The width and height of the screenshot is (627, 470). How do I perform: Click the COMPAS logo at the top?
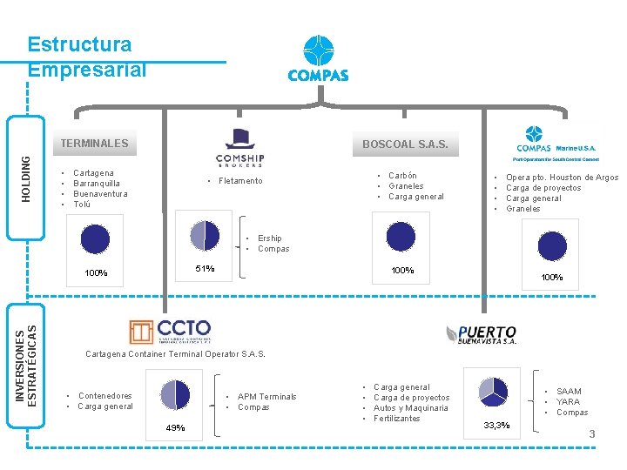(318, 59)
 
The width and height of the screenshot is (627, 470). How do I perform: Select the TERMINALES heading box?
(94, 144)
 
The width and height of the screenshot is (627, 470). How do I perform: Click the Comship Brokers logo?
(239, 147)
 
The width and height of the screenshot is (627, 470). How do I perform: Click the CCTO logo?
(171, 332)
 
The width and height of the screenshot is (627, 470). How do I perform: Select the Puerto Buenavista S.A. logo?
(481, 335)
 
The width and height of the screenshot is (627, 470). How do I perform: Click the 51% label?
(205, 269)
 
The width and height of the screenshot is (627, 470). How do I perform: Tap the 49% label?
(176, 427)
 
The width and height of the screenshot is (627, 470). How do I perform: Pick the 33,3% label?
(497, 425)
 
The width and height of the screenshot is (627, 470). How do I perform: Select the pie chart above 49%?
(175, 394)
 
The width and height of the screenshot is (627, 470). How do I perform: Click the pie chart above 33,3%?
(493, 392)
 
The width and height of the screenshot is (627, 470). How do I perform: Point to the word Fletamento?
(240, 181)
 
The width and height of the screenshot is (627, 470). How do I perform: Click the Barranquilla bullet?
(97, 184)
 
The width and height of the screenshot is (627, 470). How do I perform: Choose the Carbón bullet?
(402, 176)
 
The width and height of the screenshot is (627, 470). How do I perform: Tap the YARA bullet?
(568, 402)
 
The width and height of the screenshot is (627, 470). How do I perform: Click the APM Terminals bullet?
(266, 397)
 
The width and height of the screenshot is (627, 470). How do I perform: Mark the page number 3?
(592, 434)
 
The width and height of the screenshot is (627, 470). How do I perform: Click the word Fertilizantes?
(396, 419)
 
